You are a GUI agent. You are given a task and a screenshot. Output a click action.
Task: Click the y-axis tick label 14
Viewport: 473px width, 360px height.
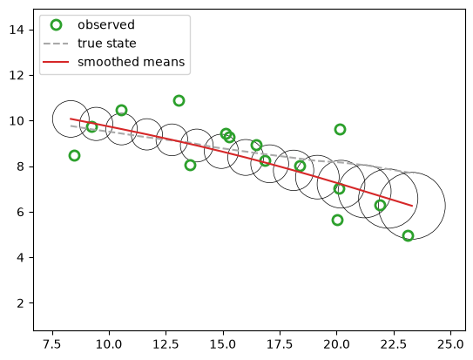[17, 30]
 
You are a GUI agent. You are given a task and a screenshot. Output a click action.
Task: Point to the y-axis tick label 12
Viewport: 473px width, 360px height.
[17, 75]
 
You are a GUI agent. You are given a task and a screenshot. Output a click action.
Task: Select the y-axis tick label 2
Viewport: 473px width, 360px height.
[21, 303]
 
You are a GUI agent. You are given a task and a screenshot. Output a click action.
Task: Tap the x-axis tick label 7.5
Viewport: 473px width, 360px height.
[53, 344]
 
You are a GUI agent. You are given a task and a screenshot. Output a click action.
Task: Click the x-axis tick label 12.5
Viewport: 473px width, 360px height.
[166, 344]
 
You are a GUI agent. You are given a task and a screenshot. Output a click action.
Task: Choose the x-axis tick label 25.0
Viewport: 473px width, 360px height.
[450, 344]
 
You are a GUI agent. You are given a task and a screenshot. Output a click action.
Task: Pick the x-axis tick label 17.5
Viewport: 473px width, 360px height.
[280, 344]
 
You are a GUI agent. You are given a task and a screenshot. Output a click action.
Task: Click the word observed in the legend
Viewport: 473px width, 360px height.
[106, 24]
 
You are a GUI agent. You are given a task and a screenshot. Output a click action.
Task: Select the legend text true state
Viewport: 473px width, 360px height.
[107, 44]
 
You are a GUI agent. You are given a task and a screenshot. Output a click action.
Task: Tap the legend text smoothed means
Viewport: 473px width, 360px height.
[131, 62]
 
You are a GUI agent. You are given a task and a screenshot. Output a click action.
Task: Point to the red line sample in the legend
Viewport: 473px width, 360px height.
[56, 62]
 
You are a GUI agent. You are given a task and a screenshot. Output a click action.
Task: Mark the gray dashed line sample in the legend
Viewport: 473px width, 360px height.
[56, 44]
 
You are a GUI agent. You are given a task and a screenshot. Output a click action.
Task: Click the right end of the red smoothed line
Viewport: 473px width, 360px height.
[412, 206]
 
